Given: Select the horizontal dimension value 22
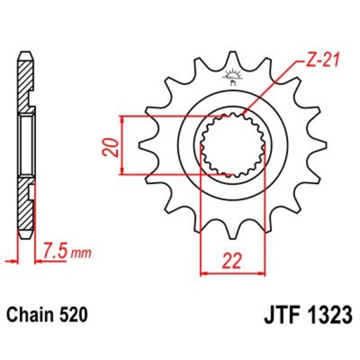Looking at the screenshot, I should click(x=233, y=261).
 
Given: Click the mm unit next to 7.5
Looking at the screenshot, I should click(x=81, y=254).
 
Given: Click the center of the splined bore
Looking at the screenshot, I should click(x=233, y=145).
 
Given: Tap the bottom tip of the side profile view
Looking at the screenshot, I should click(x=25, y=237).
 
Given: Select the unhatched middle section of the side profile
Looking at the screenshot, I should click(x=25, y=145).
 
